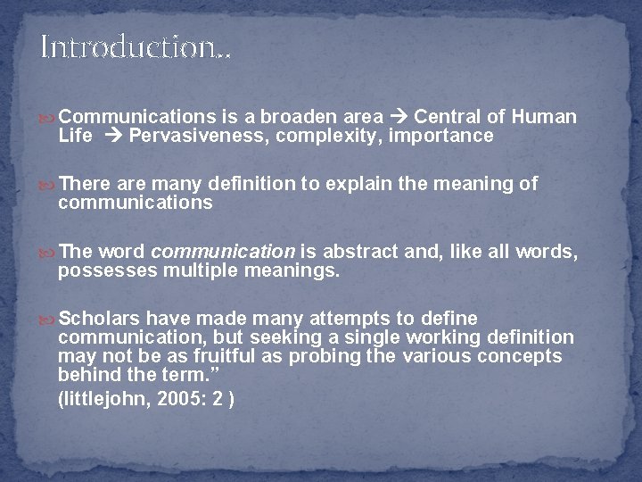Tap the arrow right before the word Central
coord(399,117)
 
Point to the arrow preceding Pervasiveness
coord(113,136)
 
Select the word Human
coord(546,117)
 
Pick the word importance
coord(442,136)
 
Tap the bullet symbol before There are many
coord(47,185)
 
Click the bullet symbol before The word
coord(47,253)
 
